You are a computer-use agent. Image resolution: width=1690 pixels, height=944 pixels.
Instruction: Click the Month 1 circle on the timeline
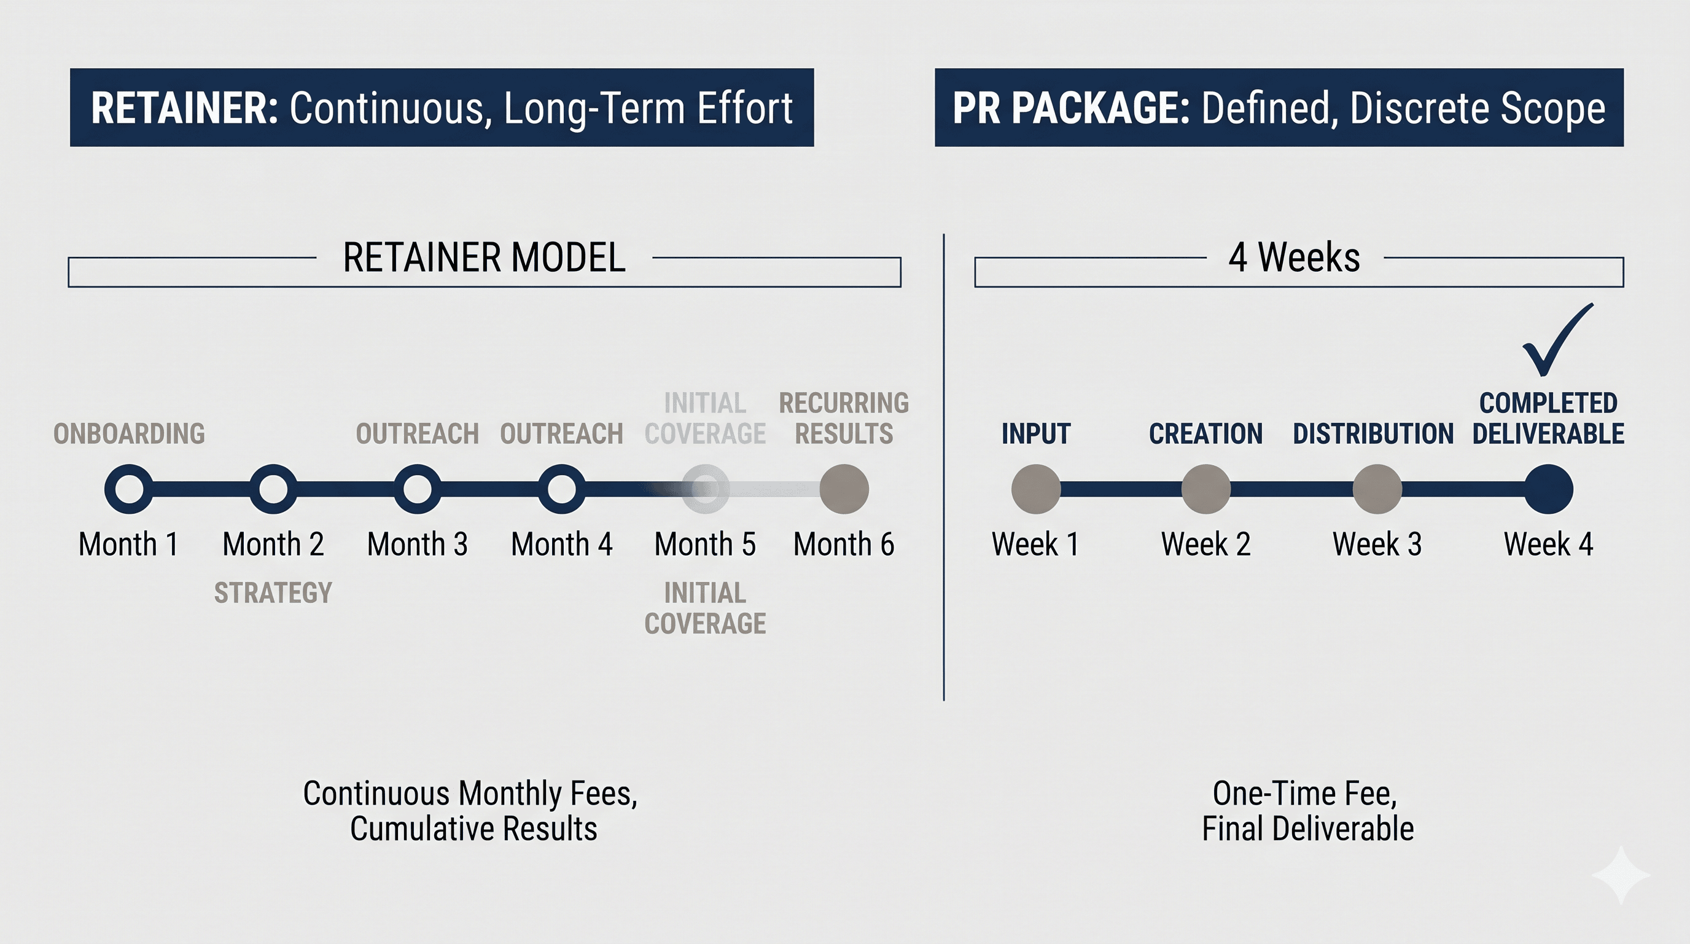[x=128, y=489]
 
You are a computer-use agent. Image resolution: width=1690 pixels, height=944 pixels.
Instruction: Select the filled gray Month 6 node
[x=844, y=489]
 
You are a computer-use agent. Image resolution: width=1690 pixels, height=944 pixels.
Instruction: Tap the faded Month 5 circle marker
[x=705, y=489]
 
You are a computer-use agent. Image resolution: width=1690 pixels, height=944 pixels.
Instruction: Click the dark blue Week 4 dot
[x=1548, y=489]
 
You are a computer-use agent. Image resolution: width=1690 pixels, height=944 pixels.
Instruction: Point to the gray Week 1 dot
[x=1035, y=489]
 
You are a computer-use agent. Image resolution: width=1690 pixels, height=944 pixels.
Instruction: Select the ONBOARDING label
[x=129, y=434]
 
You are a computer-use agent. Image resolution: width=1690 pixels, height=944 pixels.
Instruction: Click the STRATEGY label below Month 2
[x=273, y=593]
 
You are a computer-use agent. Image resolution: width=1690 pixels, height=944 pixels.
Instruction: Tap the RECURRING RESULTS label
[x=844, y=418]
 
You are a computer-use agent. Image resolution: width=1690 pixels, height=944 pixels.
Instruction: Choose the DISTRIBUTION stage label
[x=1373, y=434]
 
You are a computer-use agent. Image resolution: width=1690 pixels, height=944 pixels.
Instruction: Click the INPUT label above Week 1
[x=1035, y=434]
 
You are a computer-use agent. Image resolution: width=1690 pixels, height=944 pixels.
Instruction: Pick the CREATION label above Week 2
[x=1206, y=434]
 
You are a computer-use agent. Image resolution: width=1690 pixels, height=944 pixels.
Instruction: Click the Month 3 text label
[x=417, y=544]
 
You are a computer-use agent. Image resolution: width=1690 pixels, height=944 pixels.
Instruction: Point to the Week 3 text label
[x=1377, y=544]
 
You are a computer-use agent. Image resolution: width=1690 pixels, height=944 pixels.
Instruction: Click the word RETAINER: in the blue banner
[x=185, y=108]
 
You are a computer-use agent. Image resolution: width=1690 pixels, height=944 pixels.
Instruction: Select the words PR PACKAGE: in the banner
[x=1071, y=108]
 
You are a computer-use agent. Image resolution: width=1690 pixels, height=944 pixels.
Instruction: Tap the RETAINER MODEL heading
[x=484, y=258]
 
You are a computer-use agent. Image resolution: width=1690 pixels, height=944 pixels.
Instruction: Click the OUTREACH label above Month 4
[x=561, y=434]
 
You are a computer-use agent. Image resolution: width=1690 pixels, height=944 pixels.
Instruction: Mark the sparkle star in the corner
[x=1621, y=875]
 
